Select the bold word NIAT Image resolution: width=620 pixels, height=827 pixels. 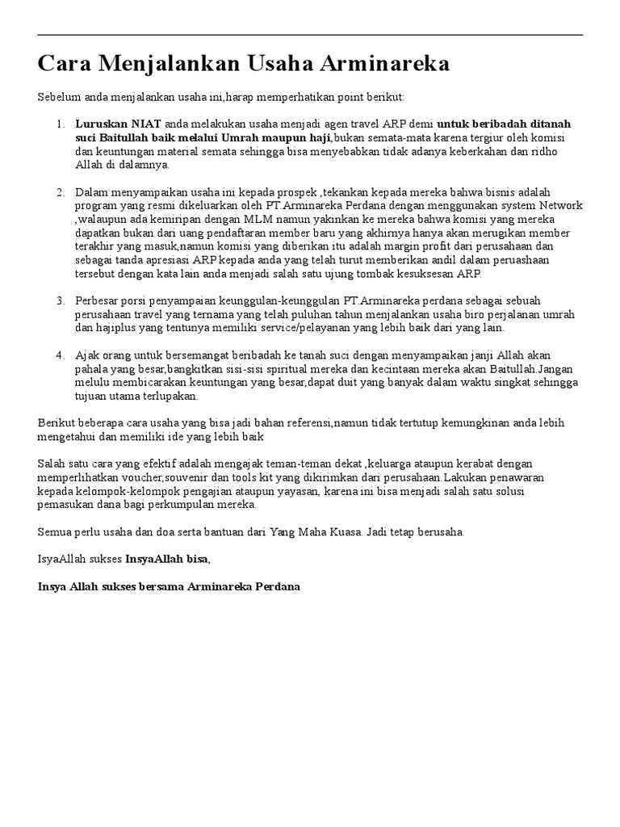pyautogui.click(x=145, y=124)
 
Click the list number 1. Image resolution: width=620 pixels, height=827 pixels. pyautogui.click(x=60, y=124)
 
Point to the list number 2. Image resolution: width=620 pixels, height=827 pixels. pyautogui.click(x=60, y=192)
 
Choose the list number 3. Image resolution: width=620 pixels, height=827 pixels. pyautogui.click(x=60, y=300)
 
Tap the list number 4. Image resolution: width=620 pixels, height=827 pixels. pyautogui.click(x=60, y=355)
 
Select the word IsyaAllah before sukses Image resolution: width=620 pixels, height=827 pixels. pyautogui.click(x=65, y=559)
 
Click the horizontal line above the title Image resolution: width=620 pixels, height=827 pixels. pyautogui.click(x=310, y=35)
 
